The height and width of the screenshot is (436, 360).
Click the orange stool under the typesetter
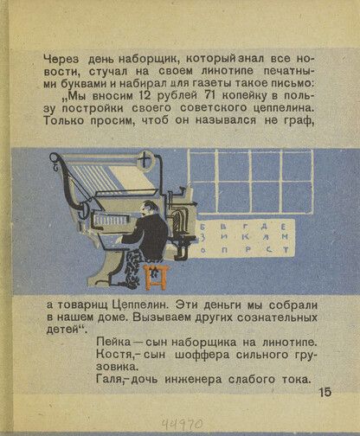click(156, 278)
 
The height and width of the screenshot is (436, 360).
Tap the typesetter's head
click(149, 208)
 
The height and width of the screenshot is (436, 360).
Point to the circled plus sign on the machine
click(145, 160)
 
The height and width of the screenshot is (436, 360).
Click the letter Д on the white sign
click(263, 226)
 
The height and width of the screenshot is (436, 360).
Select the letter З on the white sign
click(203, 238)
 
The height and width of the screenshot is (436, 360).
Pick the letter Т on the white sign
click(286, 249)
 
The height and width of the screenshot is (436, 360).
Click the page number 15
click(325, 393)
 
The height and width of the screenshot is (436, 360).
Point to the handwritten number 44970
click(182, 424)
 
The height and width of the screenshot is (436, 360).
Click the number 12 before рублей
click(144, 95)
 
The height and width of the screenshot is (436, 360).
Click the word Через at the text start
click(61, 59)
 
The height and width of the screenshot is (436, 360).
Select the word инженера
click(193, 380)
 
